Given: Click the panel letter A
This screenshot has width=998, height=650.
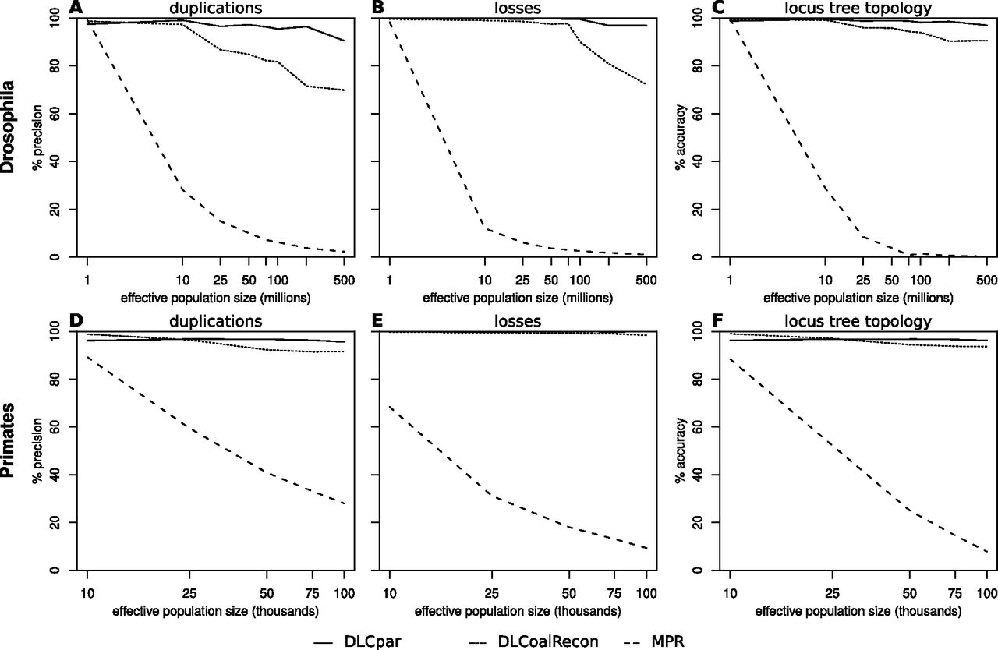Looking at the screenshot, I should (76, 7).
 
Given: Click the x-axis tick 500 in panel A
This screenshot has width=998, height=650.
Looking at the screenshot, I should (344, 280).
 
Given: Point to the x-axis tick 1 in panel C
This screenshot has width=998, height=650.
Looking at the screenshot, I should (731, 280).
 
